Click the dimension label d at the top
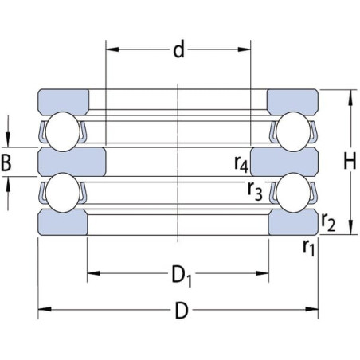[178, 50]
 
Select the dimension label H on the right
[350, 162]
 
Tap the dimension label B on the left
[6, 162]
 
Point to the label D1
[182, 276]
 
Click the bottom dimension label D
[182, 311]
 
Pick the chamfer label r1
[309, 248]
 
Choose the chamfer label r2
[328, 222]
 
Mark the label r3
[255, 191]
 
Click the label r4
[241, 164]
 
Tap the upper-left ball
[63, 131]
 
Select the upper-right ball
[293, 131]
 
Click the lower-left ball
[63, 193]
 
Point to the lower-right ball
[293, 193]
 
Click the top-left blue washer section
[63, 101]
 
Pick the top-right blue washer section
[292, 101]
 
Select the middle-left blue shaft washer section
[72, 162]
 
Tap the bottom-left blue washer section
[63, 222]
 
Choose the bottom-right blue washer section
[293, 222]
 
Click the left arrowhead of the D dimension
[45, 309]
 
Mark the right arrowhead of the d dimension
[245, 49]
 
